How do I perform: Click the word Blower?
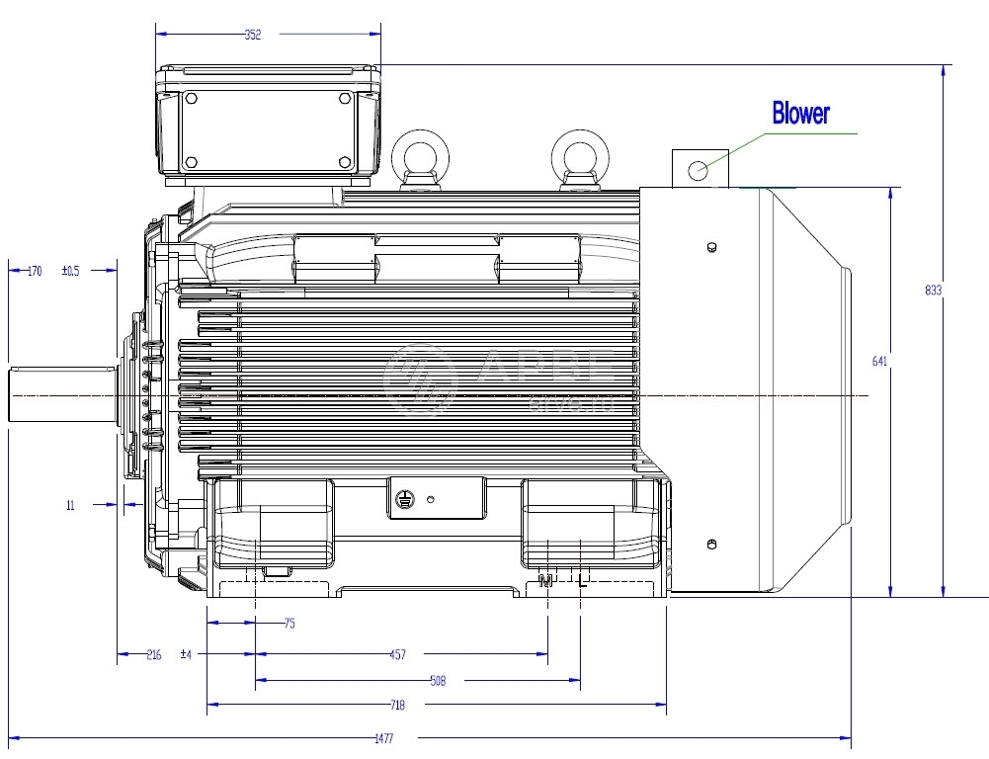pyautogui.click(x=800, y=114)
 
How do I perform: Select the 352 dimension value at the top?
pyautogui.click(x=253, y=35)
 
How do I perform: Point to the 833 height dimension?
pyautogui.click(x=933, y=291)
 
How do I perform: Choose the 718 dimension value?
pyautogui.click(x=397, y=706)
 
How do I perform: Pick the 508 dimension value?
pyautogui.click(x=437, y=681)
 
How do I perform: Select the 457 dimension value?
pyautogui.click(x=397, y=654)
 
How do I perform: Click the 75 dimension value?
pyautogui.click(x=288, y=624)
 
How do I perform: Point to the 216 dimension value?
pyautogui.click(x=153, y=654)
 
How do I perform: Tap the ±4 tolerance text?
pyautogui.click(x=186, y=654)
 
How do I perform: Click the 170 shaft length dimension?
pyautogui.click(x=34, y=270)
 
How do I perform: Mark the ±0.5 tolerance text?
pyautogui.click(x=71, y=270)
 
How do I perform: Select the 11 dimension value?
pyautogui.click(x=70, y=505)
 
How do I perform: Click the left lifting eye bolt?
pyautogui.click(x=421, y=158)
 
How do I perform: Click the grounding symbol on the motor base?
pyautogui.click(x=403, y=501)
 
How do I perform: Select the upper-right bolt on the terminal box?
pyautogui.click(x=344, y=99)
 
